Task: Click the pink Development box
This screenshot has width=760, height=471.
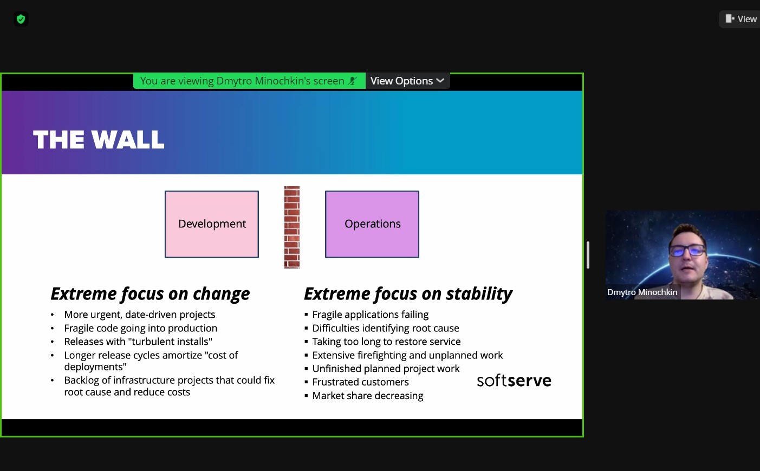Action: click(212, 224)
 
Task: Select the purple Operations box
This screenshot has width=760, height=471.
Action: click(372, 224)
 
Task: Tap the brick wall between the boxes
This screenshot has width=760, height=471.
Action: click(292, 227)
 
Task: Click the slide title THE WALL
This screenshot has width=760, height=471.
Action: click(99, 139)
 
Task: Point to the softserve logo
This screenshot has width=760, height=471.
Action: click(514, 381)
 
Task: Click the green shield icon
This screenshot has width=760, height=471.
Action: click(21, 19)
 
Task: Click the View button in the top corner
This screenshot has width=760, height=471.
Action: click(741, 19)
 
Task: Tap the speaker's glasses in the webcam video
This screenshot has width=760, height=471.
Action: click(688, 251)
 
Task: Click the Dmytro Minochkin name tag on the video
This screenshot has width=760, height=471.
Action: click(642, 292)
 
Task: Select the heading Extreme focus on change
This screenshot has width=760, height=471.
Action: click(150, 293)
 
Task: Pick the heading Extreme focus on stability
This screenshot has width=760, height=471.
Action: click(408, 293)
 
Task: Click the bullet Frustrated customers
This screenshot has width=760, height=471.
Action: click(360, 382)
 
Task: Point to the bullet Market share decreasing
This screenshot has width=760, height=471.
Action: click(368, 396)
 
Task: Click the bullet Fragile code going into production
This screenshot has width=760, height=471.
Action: click(140, 328)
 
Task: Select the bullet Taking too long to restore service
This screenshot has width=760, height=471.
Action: click(386, 342)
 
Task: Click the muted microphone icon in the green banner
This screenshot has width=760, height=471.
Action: click(353, 81)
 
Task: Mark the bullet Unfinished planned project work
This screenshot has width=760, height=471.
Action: click(386, 369)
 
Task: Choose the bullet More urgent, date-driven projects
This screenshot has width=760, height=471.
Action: click(139, 315)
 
